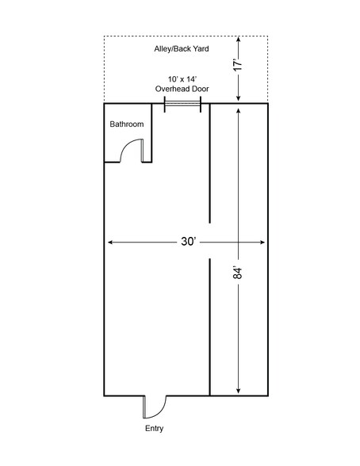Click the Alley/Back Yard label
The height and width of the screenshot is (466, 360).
coord(182,49)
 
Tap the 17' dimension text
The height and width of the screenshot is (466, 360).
coord(238,65)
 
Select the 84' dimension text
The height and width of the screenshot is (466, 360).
coord(238,273)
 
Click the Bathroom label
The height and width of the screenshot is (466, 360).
coord(127,124)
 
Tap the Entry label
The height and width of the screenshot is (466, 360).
coord(155,428)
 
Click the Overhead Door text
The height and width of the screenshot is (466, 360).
coord(182,89)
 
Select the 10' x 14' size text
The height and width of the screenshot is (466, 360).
coord(182,79)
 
